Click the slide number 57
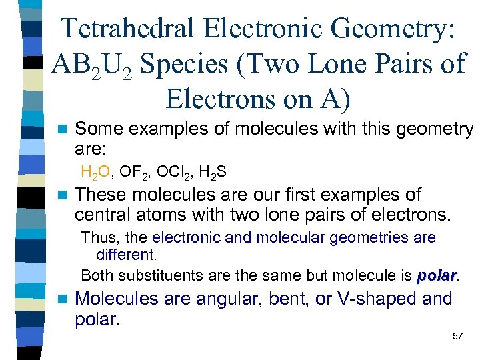457,336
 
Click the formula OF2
137,173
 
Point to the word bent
289,299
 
